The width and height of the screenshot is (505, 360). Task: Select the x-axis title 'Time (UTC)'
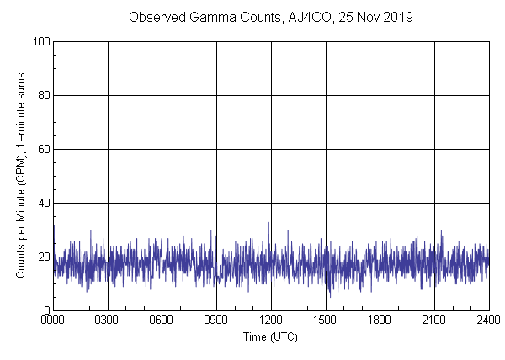click(270, 336)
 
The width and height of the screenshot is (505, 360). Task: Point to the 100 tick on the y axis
click(40, 41)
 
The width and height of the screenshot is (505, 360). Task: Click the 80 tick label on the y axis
click(43, 95)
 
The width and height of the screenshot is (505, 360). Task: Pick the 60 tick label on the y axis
click(43, 149)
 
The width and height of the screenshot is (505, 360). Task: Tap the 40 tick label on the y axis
click(43, 203)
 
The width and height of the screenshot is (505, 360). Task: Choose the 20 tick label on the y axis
click(43, 257)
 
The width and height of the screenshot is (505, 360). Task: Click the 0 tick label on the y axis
click(45, 310)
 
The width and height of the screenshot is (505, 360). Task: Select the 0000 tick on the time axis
click(53, 320)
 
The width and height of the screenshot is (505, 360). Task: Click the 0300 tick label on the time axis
click(108, 320)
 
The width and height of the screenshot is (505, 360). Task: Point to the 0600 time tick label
click(162, 320)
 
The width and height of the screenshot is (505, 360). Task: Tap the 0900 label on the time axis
click(216, 320)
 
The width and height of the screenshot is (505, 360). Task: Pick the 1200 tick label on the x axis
click(271, 320)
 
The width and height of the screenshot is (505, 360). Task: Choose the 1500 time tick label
click(325, 320)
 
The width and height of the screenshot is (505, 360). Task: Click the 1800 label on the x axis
click(380, 320)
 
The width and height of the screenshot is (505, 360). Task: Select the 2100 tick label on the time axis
click(433, 320)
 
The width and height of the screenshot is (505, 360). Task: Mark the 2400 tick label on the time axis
click(488, 320)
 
